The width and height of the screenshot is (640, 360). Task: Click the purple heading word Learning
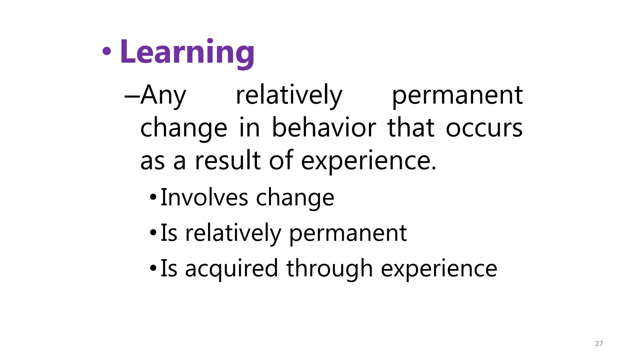click(187, 52)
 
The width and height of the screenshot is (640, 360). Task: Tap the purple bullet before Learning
click(107, 52)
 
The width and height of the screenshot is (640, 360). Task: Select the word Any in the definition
click(163, 95)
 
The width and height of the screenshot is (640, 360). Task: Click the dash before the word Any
click(131, 96)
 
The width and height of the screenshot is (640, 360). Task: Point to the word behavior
click(324, 128)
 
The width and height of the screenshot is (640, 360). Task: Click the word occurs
click(484, 128)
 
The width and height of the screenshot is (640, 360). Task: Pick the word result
click(228, 161)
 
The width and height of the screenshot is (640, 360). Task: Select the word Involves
click(204, 197)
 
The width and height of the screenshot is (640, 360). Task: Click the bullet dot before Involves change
click(153, 197)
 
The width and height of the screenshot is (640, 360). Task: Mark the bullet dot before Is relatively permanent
click(153, 233)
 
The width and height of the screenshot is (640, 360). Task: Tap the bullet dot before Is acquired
click(153, 268)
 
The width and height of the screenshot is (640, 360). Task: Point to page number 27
click(599, 343)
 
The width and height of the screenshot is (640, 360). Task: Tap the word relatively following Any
click(289, 95)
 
